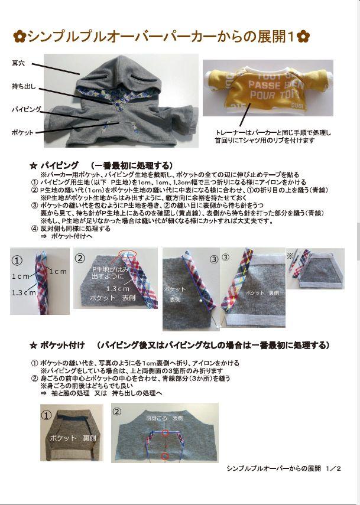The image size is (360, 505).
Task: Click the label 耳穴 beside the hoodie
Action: pos(18,63)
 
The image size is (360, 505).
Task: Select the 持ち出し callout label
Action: pos(24,87)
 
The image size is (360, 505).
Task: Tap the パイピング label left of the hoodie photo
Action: pos(25,109)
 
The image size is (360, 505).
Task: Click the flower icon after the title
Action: pos(304,37)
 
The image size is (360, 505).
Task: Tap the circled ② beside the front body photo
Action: pos(116,411)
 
